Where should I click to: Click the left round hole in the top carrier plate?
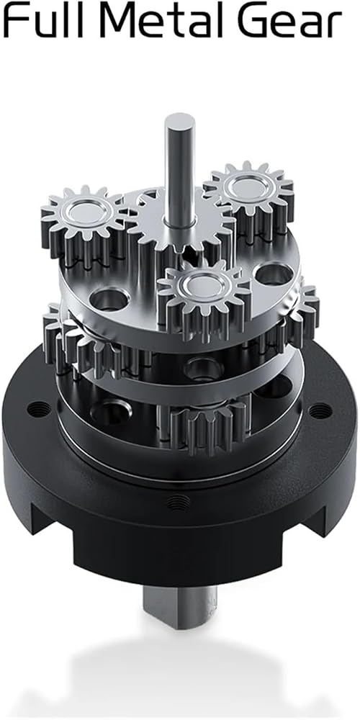tap(109, 299)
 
